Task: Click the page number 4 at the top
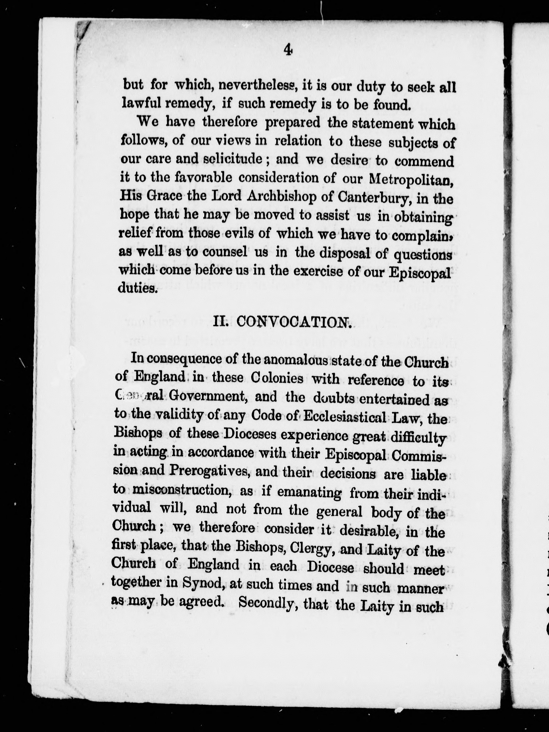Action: (x=288, y=50)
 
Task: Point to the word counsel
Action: (x=225, y=252)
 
